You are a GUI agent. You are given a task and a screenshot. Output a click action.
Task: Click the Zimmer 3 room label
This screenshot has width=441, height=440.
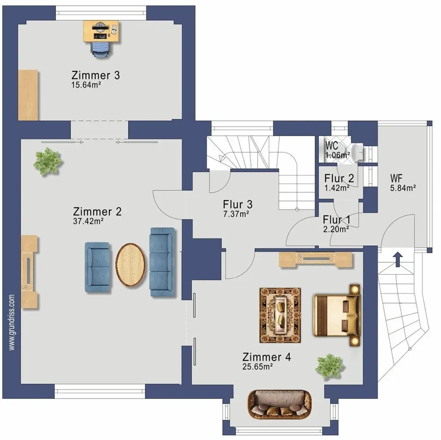point(96,75)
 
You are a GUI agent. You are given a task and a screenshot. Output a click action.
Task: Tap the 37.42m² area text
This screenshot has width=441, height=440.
point(88,221)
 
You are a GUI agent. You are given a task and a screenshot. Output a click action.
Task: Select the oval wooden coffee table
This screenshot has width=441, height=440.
point(131,265)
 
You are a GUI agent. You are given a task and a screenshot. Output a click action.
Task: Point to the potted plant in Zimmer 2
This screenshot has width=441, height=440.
point(48,162)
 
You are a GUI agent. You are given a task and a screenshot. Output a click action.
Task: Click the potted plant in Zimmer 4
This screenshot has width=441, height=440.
point(330,367)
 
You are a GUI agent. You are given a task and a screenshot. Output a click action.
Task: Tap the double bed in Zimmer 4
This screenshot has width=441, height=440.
point(336,315)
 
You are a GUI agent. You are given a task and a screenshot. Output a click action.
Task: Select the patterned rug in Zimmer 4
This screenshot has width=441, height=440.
point(280,315)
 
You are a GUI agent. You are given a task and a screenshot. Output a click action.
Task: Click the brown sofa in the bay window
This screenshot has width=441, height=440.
point(280,404)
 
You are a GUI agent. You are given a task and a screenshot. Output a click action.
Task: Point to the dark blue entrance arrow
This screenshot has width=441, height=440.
point(398,259)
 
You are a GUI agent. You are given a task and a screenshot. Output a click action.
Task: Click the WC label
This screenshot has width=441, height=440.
point(332,145)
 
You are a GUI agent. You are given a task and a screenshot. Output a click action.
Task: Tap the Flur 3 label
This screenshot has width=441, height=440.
point(238,205)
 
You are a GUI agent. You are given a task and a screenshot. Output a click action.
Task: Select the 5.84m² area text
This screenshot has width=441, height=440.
point(403,188)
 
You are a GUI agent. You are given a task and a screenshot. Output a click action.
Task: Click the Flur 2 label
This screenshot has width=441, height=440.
point(339,178)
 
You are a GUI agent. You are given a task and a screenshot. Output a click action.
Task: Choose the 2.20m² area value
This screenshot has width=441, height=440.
point(336,229)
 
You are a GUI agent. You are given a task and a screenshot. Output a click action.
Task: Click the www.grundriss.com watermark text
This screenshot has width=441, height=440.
point(11,322)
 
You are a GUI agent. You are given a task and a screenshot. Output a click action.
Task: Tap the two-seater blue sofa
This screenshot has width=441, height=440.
point(97,267)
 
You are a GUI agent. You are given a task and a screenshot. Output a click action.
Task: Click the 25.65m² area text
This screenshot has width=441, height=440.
point(258,367)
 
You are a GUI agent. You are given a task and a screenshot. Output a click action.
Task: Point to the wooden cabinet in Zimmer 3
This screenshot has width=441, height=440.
point(28,95)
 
